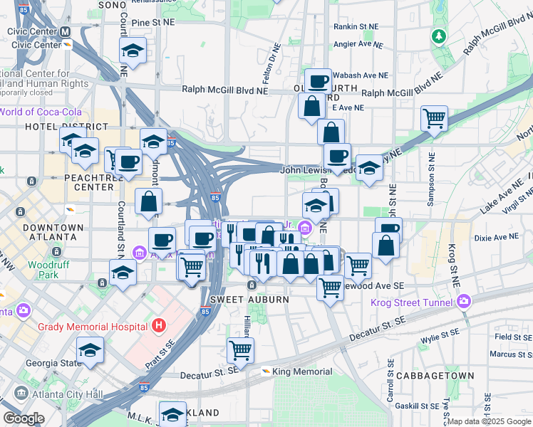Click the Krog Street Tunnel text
pyautogui.click(x=412, y=302)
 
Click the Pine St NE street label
pyautogui.click(x=152, y=23)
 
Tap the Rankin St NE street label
pyautogui.click(x=356, y=26)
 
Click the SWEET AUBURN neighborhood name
pyautogui.click(x=249, y=300)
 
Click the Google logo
pyautogui.click(x=24, y=418)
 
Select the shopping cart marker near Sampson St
pyautogui.click(x=433, y=118)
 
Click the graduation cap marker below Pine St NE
pyautogui.click(x=133, y=49)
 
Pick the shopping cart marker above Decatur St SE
pyautogui.click(x=240, y=349)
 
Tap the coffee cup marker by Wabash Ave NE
pyautogui.click(x=318, y=80)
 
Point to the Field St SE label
pyautogui.click(x=512, y=337)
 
